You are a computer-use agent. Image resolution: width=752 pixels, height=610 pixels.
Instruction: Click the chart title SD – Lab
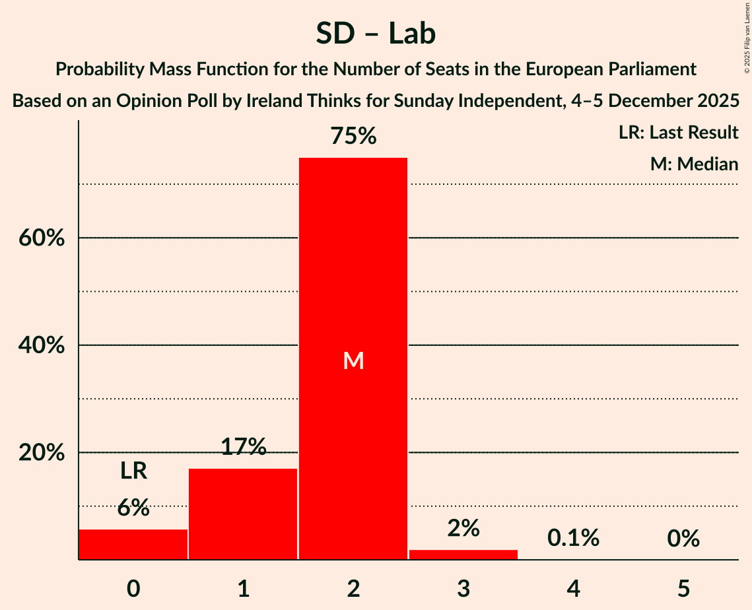376,33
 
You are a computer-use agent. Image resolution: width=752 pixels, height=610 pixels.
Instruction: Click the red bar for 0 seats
133,544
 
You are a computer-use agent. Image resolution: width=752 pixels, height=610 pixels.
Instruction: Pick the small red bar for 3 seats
463,555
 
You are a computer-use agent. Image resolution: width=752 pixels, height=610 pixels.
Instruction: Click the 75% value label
353,137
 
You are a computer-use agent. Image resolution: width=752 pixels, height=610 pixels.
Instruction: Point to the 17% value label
243,448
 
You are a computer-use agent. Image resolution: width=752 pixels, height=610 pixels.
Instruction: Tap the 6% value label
133,508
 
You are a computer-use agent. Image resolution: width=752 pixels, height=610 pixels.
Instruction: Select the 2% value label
463,528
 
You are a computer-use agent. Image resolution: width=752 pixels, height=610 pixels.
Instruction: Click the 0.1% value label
573,539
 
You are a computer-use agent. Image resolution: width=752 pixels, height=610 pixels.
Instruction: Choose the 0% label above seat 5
683,539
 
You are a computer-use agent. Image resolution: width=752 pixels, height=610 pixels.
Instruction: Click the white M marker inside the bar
353,360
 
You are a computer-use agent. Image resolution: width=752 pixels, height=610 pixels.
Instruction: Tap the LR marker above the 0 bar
133,471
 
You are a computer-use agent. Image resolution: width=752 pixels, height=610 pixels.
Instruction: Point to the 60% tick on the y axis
42,238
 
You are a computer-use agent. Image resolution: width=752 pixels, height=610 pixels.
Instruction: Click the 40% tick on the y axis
42,345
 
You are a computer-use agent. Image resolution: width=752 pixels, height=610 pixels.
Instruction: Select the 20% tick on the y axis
42,453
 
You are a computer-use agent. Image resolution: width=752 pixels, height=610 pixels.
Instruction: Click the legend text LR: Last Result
678,133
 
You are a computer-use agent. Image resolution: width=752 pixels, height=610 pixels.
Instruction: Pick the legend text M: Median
694,164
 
